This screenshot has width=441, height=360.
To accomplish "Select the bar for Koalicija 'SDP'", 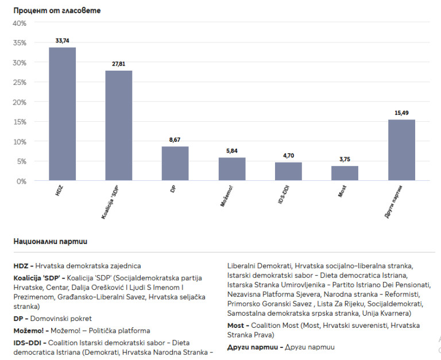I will [118, 126].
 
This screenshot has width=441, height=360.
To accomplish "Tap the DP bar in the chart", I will [175, 164].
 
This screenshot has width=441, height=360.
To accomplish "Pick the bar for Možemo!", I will [231, 169].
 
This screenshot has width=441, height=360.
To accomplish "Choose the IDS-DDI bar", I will [288, 171].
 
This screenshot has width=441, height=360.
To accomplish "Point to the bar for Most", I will [345, 173].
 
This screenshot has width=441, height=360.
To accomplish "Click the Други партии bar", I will [401, 150].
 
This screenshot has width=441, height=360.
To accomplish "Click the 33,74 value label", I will [62, 41].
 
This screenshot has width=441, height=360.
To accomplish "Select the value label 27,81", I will [118, 64].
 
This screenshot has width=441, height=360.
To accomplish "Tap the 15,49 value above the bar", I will [401, 113].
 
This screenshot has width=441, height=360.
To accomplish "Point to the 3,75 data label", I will [345, 160].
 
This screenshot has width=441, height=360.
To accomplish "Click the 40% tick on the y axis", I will [20, 23].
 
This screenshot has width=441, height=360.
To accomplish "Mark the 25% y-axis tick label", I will [20, 82].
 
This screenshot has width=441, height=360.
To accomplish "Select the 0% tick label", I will [22, 181].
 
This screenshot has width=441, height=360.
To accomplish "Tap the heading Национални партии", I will [50, 241].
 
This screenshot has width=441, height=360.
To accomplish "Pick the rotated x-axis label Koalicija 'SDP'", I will [113, 203].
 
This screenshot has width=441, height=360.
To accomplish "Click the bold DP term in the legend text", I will [18, 318].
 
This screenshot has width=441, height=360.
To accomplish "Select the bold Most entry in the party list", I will [237, 326].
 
